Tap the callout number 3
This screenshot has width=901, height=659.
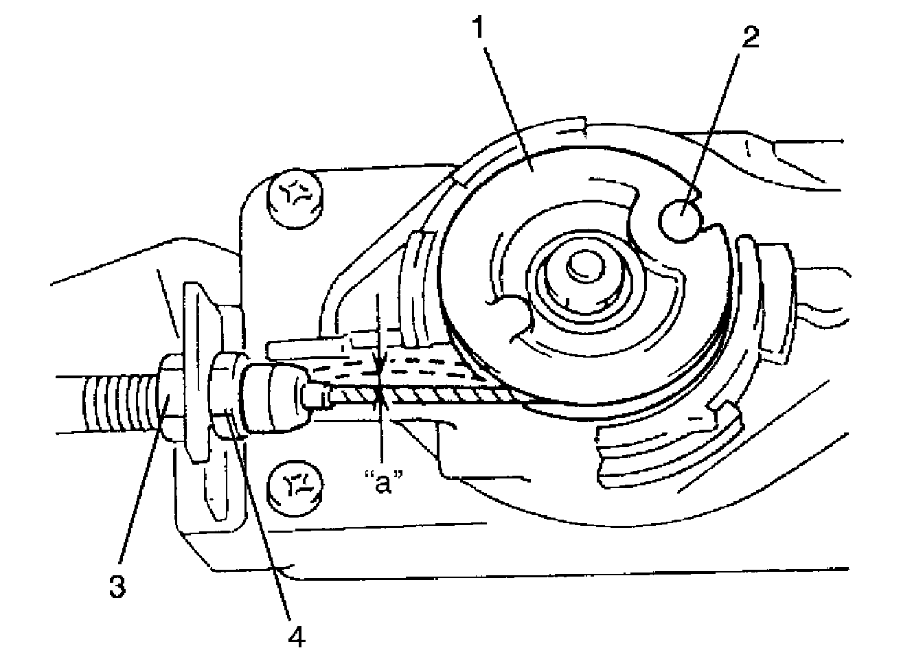[x=118, y=588]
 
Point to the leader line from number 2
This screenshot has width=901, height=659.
[x=718, y=127]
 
